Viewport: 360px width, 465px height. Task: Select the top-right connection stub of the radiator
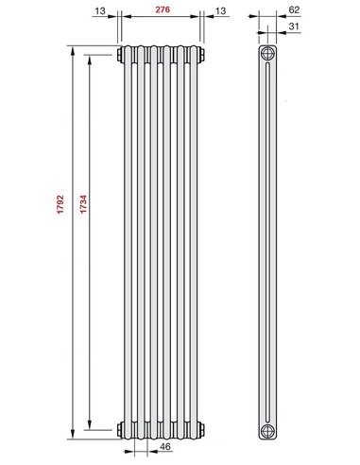click(204, 54)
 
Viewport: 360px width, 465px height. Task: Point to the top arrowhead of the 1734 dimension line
click(90, 58)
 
